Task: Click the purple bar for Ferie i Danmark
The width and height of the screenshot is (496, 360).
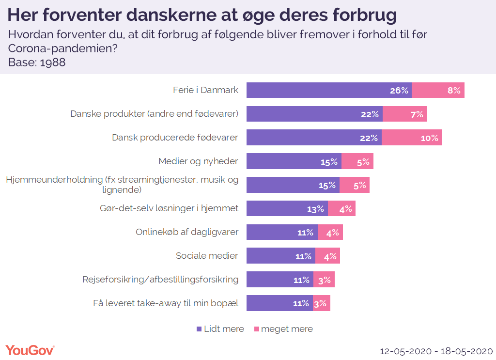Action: coord(329,90)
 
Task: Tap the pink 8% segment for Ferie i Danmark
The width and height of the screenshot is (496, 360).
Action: coord(438,90)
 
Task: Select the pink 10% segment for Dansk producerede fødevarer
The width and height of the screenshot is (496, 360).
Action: coord(412,138)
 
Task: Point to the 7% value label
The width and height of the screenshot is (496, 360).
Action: coord(416,114)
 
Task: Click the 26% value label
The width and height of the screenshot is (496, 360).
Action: coord(399,90)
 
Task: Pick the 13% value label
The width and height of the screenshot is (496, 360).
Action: coord(315,209)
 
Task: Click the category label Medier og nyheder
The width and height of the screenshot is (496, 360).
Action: coord(198,161)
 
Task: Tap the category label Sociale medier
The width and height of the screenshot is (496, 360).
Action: coord(207,255)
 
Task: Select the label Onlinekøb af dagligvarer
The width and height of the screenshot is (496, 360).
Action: coord(187,232)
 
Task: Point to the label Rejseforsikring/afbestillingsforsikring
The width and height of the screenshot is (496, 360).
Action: coord(161,279)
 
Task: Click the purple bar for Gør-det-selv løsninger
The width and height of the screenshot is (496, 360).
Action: coord(287,208)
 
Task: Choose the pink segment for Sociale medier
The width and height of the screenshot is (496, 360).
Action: coord(327,256)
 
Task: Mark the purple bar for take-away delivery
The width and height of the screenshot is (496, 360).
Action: coord(279,303)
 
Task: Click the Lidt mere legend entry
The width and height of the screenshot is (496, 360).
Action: coord(220,329)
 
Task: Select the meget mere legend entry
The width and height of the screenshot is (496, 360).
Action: coord(283,329)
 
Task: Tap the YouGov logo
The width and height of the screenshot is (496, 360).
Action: coord(30,350)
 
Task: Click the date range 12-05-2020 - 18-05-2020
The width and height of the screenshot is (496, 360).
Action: coord(436,350)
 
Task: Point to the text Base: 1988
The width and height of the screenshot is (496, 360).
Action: coord(37,63)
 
